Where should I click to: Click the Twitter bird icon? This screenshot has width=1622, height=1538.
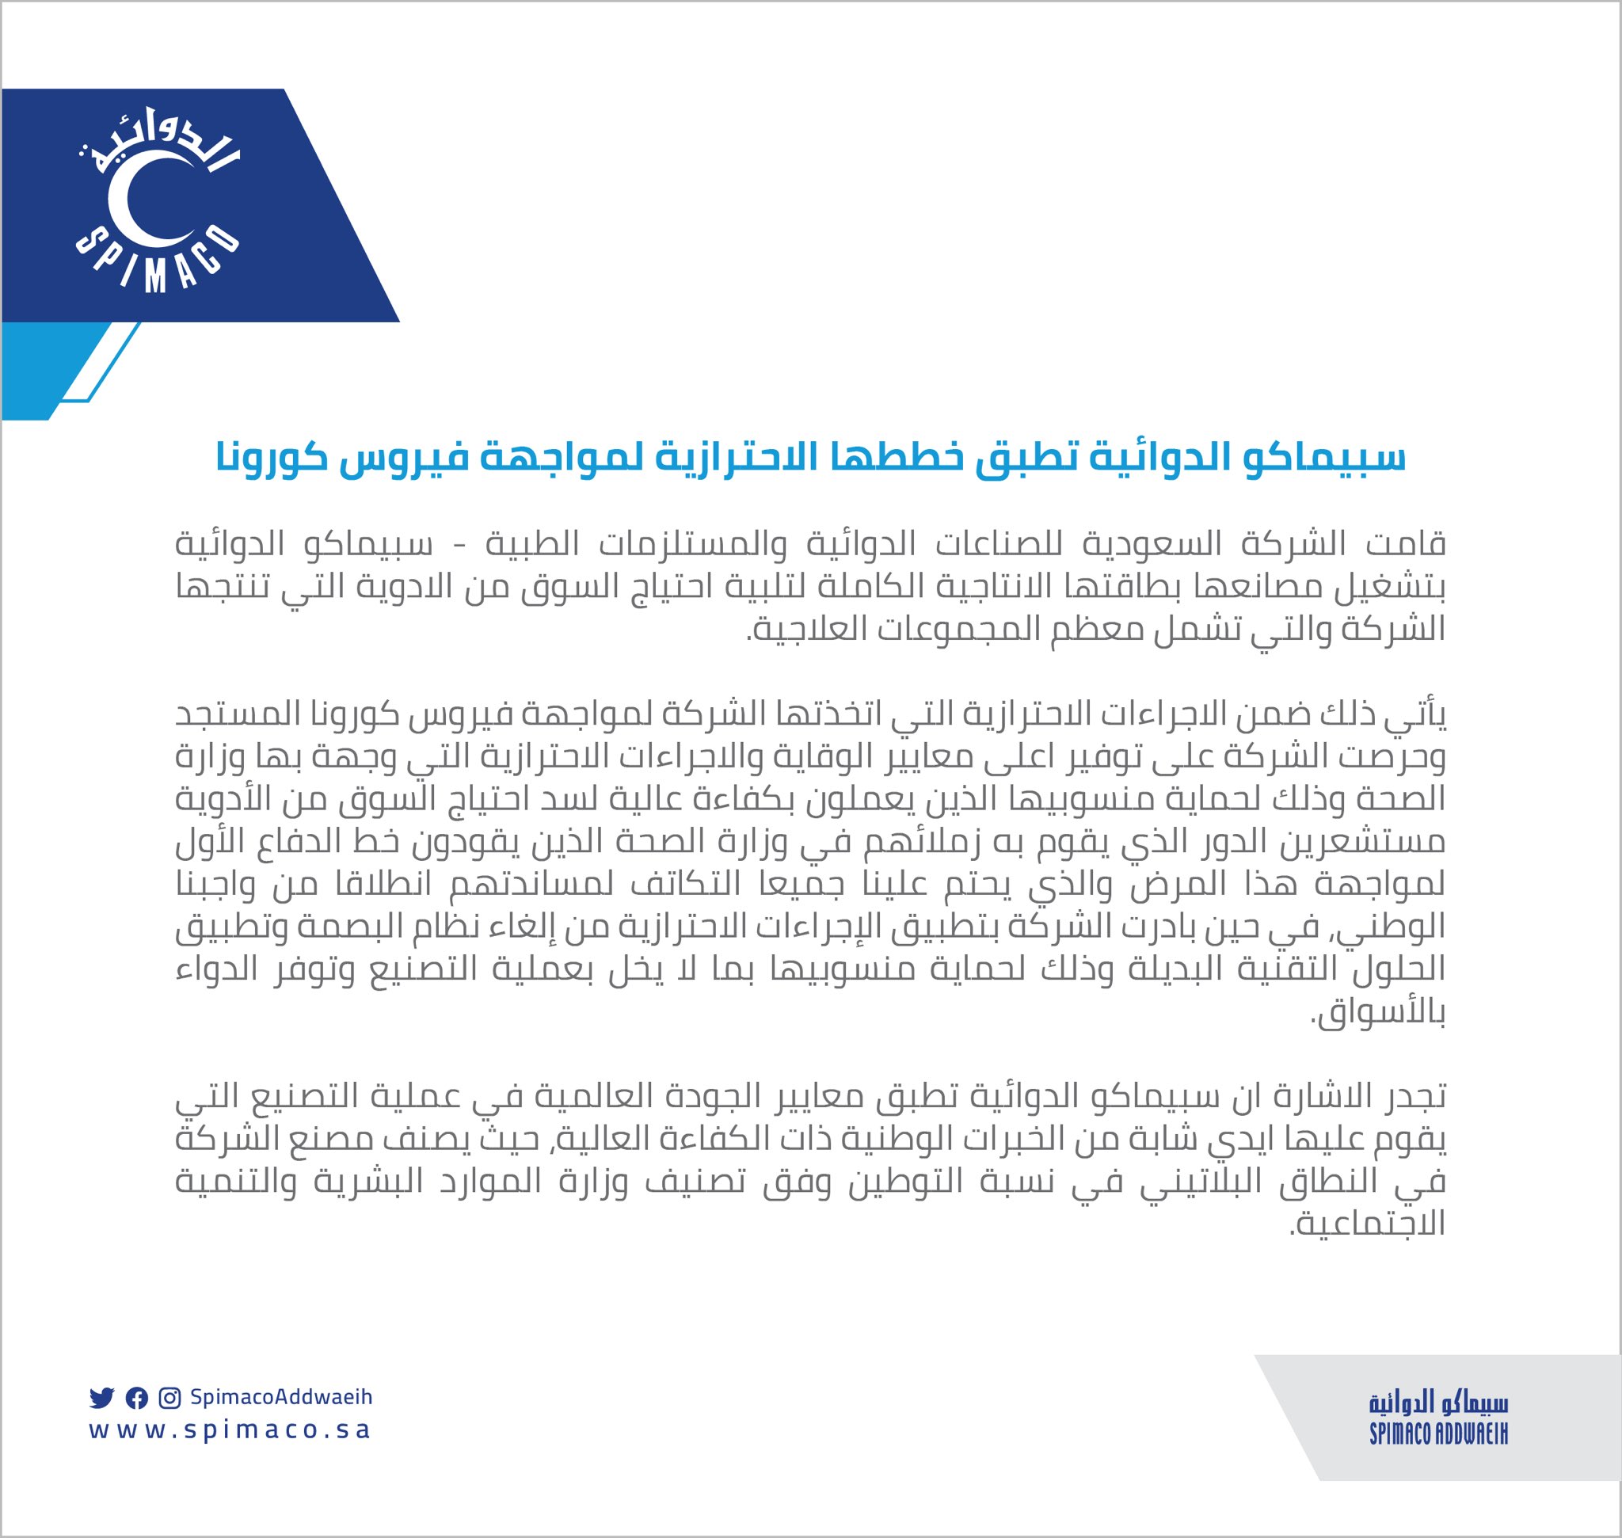point(101,1398)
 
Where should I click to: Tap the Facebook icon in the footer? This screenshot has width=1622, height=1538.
point(136,1398)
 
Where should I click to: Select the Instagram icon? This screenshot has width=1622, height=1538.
point(169,1398)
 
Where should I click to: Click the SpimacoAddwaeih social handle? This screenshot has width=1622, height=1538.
point(281,1396)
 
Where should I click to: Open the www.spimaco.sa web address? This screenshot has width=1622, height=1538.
point(230,1430)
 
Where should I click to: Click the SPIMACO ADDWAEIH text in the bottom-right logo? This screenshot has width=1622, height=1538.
point(1438,1434)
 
